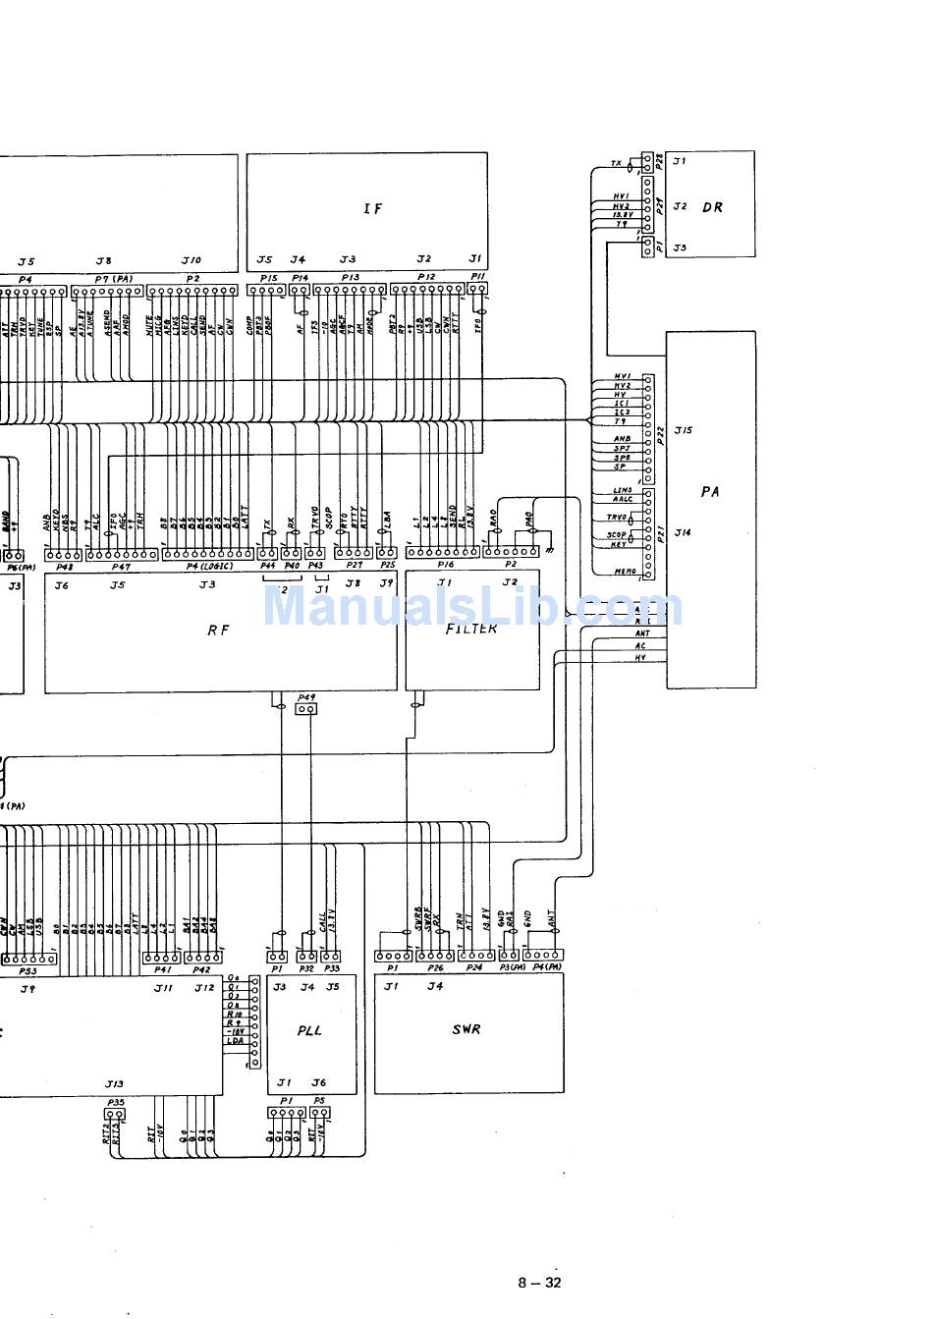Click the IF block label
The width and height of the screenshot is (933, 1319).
point(372,208)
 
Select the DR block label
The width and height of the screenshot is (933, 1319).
point(713,207)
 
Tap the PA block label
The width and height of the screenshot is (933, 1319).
point(710,492)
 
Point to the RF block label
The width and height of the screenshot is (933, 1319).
point(218,631)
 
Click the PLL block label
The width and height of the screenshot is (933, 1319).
point(309,1030)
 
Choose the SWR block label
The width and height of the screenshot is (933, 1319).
point(466,1029)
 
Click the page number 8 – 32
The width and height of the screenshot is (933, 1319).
point(539,1282)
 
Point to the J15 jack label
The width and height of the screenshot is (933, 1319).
point(684,430)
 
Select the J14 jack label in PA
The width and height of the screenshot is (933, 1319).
point(684,532)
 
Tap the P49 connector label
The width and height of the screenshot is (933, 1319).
point(306,696)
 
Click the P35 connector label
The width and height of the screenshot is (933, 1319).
point(115,1103)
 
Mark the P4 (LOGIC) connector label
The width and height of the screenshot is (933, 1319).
point(209,567)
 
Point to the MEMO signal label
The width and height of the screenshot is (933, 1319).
point(625,572)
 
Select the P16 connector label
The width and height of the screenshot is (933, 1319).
point(446,567)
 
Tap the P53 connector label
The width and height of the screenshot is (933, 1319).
point(28,970)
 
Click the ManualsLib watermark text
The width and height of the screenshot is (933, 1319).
point(471,607)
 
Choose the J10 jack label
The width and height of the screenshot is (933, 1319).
point(192,260)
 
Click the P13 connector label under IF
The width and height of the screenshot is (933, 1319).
point(349,278)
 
